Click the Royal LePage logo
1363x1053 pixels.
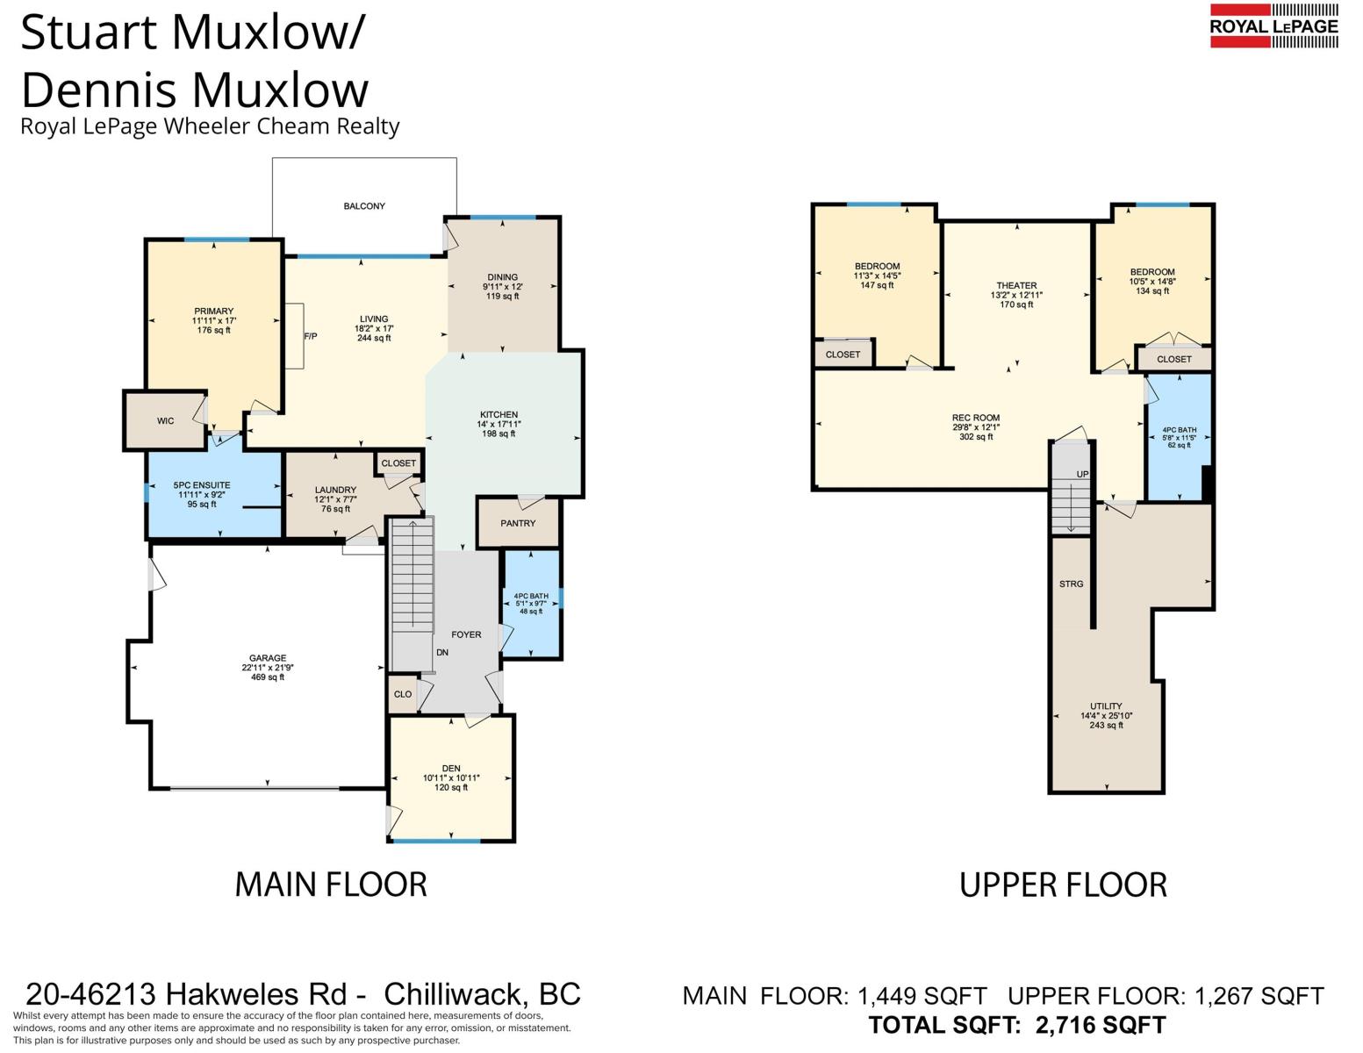point(1273,25)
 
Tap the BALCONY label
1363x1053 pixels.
point(364,205)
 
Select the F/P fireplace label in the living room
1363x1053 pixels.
point(311,336)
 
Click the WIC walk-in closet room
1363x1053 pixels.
point(166,420)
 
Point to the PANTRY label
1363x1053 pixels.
point(518,523)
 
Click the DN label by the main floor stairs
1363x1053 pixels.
point(442,652)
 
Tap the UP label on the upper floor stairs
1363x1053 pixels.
point(1083,474)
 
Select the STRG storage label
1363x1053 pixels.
point(1071,584)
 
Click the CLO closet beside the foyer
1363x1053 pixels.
point(403,694)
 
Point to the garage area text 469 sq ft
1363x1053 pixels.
point(268,677)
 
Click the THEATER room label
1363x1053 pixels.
point(1016,285)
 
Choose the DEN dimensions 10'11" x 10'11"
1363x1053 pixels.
point(451,777)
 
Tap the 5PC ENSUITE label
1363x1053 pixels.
point(202,484)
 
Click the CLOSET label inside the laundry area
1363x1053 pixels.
point(398,462)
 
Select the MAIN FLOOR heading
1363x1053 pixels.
point(331,885)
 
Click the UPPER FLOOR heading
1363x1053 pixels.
point(1063,885)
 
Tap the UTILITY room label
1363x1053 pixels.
point(1106,706)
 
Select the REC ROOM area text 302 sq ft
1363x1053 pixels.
point(976,436)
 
